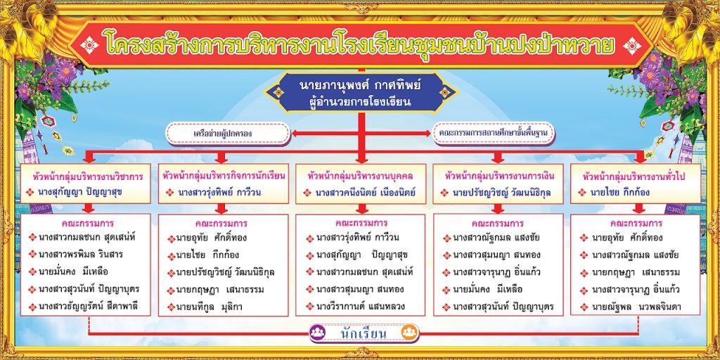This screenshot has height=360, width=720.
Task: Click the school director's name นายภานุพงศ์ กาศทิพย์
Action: coord(361,86)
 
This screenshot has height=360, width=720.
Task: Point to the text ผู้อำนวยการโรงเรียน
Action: coord(361,103)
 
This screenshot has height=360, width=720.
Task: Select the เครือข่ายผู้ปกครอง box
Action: coord(228,134)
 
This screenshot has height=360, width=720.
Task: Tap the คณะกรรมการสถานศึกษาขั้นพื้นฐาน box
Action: coord(494,133)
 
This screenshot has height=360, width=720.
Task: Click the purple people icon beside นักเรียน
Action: coord(317,333)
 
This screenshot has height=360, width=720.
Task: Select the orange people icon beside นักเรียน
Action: coord(409,333)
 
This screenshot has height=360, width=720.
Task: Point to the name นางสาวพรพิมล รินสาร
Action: coord(80,254)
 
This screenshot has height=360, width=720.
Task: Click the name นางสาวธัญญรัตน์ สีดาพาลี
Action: coord(88,307)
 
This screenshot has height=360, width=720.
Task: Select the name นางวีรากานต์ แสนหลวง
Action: coord(361,306)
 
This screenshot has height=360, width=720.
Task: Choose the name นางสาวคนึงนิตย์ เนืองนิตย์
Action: coord(365,193)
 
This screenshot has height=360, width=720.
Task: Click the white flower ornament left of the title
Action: coord(89,45)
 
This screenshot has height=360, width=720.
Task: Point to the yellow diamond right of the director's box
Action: coord(444,93)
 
